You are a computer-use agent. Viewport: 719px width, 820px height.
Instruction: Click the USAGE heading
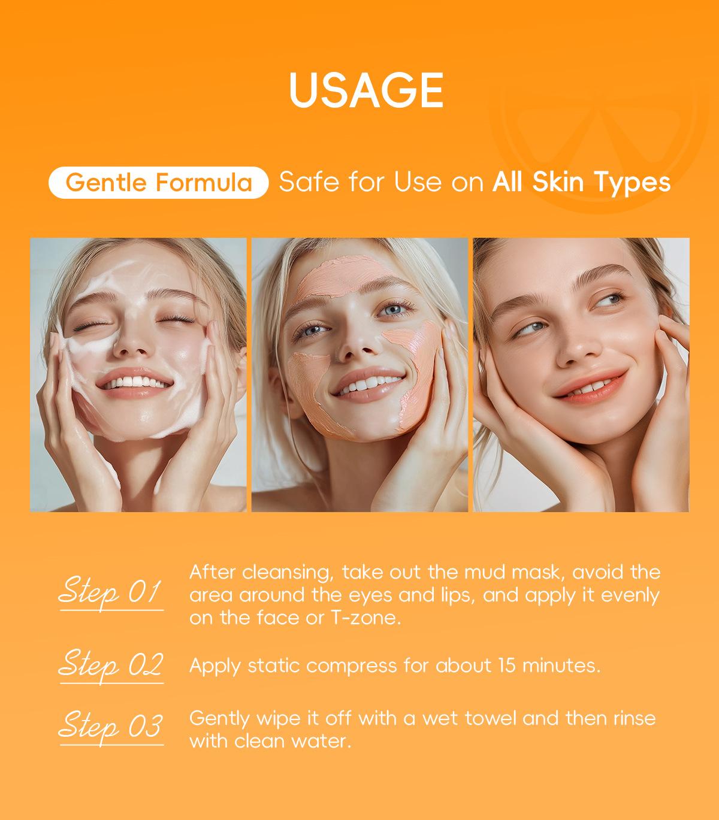tap(366, 90)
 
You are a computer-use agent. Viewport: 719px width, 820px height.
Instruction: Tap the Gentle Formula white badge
tap(158, 183)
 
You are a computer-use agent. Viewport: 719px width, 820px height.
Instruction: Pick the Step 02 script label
tap(111, 666)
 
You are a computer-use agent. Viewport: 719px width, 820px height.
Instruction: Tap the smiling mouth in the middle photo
tap(368, 385)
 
